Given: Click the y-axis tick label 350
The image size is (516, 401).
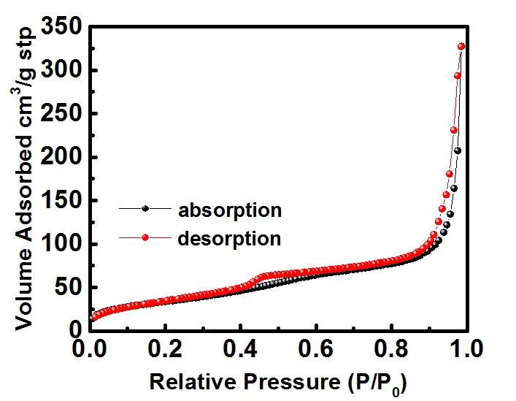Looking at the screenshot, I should [x=61, y=29].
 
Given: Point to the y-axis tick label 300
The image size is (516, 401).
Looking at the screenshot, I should [x=61, y=71].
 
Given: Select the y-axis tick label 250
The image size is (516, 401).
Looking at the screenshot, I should [x=61, y=114].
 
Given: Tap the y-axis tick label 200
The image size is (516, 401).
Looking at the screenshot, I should [x=61, y=157].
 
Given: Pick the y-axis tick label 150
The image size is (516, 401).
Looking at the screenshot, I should [x=61, y=200].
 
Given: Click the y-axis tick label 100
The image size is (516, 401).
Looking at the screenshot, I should [x=61, y=244].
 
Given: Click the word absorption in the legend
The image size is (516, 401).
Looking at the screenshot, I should [x=229, y=210].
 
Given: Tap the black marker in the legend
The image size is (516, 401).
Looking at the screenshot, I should [x=145, y=209].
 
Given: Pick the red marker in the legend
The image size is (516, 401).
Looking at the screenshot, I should [x=145, y=237].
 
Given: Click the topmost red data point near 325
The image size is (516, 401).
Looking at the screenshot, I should [x=461, y=46].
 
